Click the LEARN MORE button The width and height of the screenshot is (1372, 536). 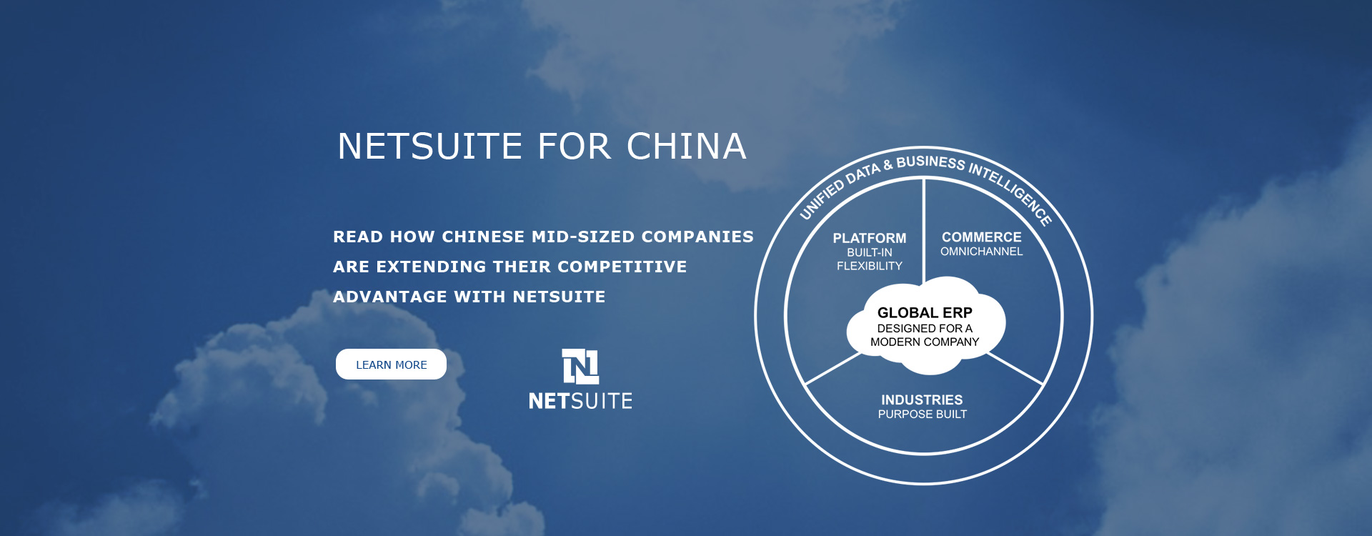[x=391, y=364]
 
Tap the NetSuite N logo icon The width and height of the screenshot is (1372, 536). [x=580, y=367]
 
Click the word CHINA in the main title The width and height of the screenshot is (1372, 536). [x=686, y=147]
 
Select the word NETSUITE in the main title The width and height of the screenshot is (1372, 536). [x=430, y=147]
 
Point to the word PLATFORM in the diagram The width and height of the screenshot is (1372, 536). [x=869, y=238]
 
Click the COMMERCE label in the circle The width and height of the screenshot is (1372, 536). [x=981, y=237]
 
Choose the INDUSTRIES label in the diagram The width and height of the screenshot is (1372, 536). [x=922, y=399]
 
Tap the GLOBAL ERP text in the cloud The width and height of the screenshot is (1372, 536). [x=925, y=312]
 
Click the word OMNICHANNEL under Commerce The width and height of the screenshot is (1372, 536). [x=981, y=252]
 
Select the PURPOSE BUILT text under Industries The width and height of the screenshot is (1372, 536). [x=922, y=415]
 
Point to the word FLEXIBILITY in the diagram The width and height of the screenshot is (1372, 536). [x=869, y=266]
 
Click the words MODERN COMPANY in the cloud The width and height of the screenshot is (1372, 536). [x=925, y=342]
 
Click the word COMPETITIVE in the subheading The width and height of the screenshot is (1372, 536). [x=622, y=267]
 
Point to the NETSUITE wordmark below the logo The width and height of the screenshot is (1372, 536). [x=580, y=401]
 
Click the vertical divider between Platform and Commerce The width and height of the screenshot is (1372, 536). [x=924, y=229]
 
